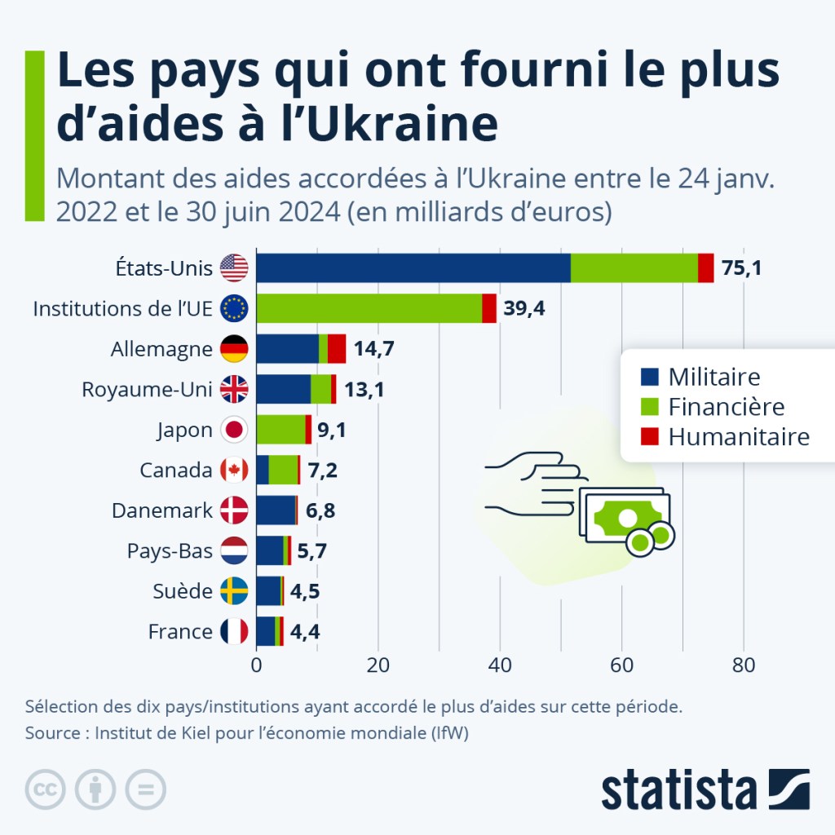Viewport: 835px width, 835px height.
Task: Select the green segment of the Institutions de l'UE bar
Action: (x=369, y=308)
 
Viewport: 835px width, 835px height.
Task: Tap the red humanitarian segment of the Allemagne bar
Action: (x=337, y=349)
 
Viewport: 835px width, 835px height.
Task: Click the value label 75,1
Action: (x=741, y=267)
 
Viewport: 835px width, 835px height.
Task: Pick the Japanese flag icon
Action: (x=234, y=430)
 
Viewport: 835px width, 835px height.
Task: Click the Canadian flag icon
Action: (x=234, y=471)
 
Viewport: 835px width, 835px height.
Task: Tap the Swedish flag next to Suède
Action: (x=234, y=591)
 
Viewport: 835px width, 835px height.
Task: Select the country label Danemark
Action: (x=161, y=511)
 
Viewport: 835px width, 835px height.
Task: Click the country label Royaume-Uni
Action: (x=147, y=390)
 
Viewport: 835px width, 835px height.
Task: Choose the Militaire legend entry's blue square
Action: (x=650, y=378)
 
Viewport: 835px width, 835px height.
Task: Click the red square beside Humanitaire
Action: (x=650, y=436)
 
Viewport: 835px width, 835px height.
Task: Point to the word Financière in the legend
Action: (x=726, y=407)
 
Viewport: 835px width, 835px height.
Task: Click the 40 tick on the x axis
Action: (x=500, y=664)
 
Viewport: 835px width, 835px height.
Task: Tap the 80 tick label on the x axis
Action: (x=743, y=664)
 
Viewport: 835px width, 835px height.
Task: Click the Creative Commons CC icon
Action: (x=46, y=789)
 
